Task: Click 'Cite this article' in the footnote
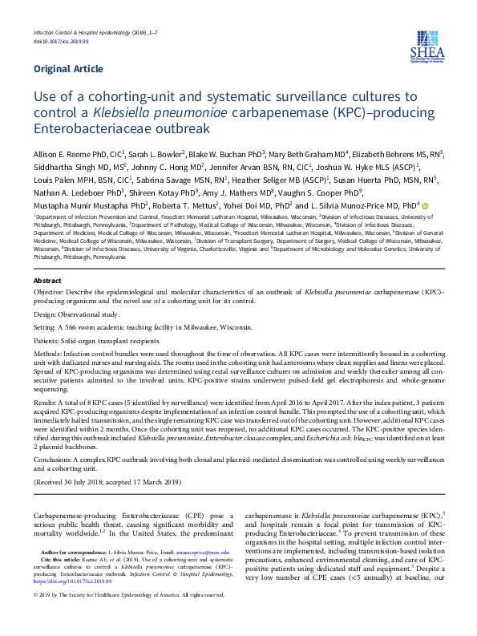(x=60, y=560)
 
